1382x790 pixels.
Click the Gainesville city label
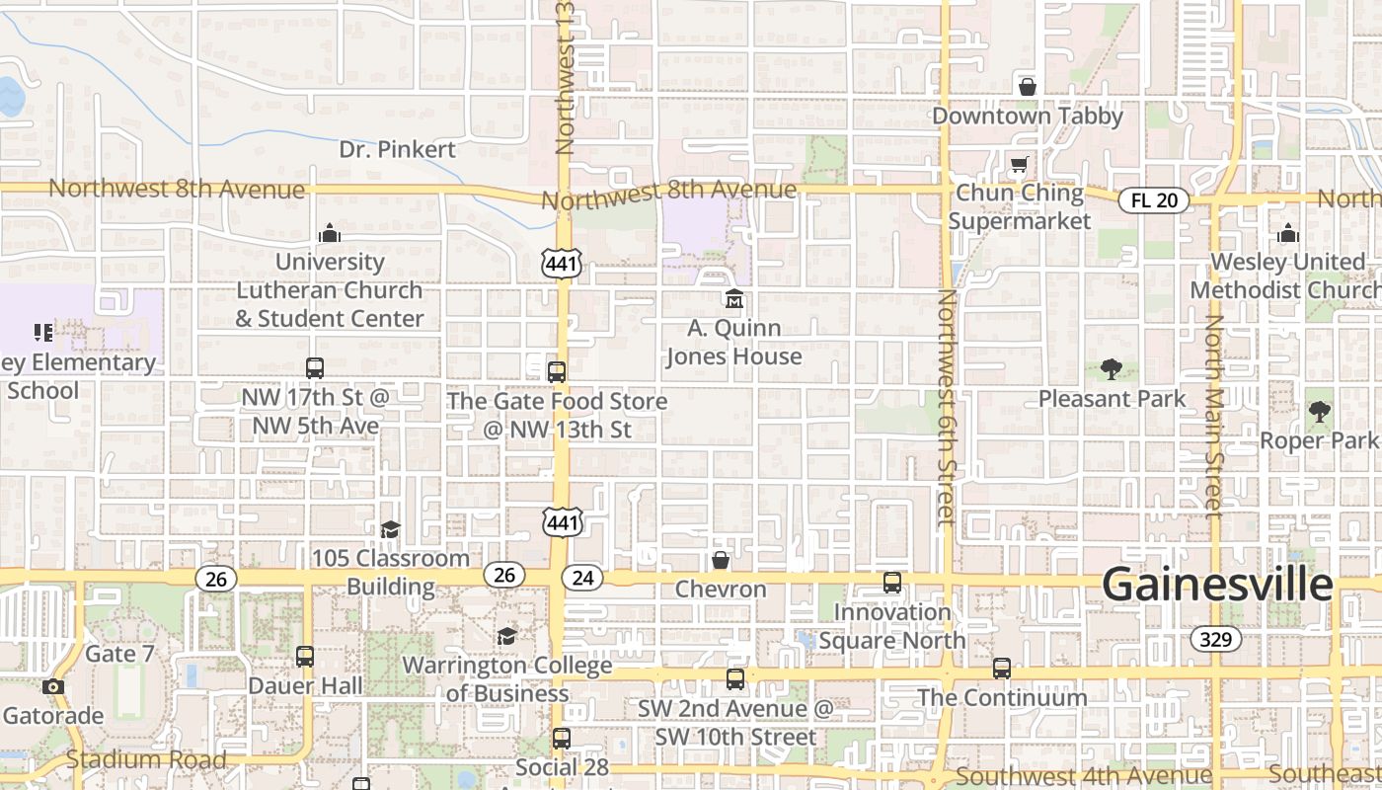(1217, 584)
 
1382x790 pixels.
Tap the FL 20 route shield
(1153, 200)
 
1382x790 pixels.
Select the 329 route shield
(1215, 639)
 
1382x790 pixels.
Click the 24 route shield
(582, 577)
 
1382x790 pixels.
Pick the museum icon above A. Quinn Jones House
(734, 298)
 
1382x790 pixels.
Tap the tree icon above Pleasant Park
(1112, 369)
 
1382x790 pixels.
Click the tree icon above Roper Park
(1319, 412)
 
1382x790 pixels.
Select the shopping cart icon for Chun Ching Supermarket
(1019, 164)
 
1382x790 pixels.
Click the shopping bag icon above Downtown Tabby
(1028, 87)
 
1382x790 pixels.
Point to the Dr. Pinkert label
(397, 149)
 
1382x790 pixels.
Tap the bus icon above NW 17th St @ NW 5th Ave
(314, 368)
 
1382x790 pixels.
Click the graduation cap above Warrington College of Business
(506, 636)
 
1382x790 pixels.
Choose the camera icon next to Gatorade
(53, 686)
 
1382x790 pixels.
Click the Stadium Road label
(146, 759)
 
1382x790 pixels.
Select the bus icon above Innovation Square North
(892, 583)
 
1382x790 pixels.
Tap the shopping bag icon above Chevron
(721, 561)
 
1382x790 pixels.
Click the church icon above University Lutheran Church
(330, 233)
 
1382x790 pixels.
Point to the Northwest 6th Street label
(946, 405)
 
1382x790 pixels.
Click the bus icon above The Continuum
(1002, 669)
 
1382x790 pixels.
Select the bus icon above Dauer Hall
(305, 657)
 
